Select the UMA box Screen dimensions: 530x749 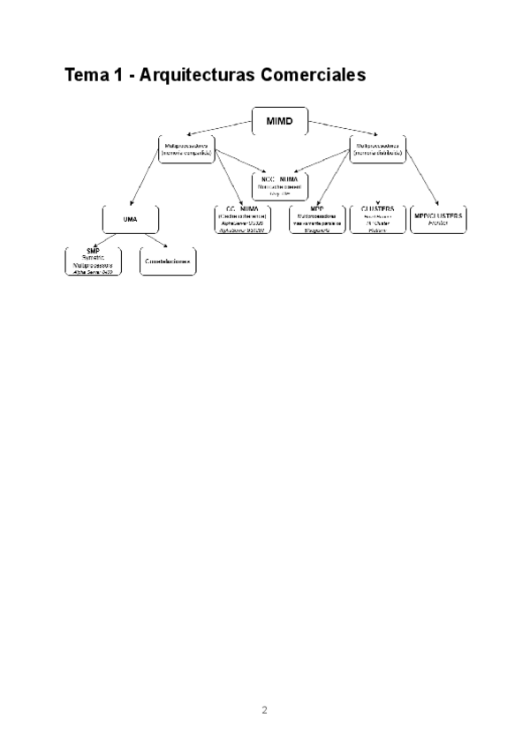[x=130, y=218]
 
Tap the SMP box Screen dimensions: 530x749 [x=94, y=261]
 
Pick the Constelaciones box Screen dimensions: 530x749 [x=168, y=261]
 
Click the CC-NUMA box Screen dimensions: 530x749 [x=242, y=219]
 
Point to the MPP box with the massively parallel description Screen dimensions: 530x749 [x=316, y=219]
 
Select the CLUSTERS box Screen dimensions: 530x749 [x=377, y=219]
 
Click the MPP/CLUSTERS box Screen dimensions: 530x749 [x=438, y=218]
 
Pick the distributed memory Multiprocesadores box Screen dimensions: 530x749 [x=378, y=148]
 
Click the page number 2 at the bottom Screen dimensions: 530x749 [x=264, y=709]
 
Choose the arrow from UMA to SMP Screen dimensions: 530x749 [x=110, y=240]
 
